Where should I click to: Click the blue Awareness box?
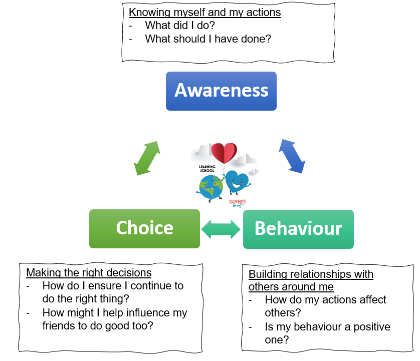(221, 91)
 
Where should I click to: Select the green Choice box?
(144, 228)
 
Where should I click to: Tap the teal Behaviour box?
(298, 229)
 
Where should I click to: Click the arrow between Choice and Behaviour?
(221, 229)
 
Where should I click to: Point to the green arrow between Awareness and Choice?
(146, 158)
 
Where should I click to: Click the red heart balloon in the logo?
(224, 153)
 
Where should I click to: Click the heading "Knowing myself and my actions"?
(204, 13)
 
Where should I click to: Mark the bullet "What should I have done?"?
(207, 39)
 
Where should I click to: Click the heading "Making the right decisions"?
(89, 273)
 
